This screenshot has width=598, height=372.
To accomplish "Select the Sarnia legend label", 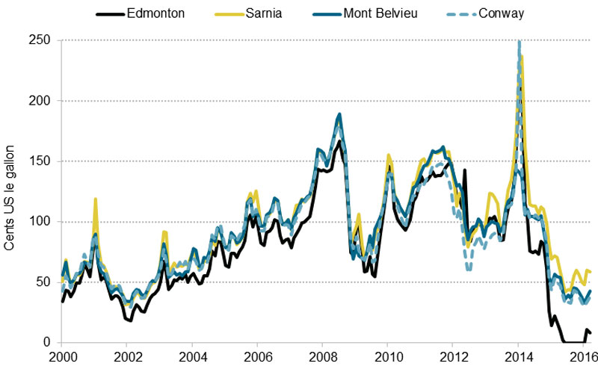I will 264,13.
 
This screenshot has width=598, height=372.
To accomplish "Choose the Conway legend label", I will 483,13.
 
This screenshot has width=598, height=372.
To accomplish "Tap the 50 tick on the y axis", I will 43,282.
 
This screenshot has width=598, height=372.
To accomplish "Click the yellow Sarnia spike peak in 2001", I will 96,199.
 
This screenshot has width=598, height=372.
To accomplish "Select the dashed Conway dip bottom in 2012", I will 468,269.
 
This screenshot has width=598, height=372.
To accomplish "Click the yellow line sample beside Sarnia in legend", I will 224,13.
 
